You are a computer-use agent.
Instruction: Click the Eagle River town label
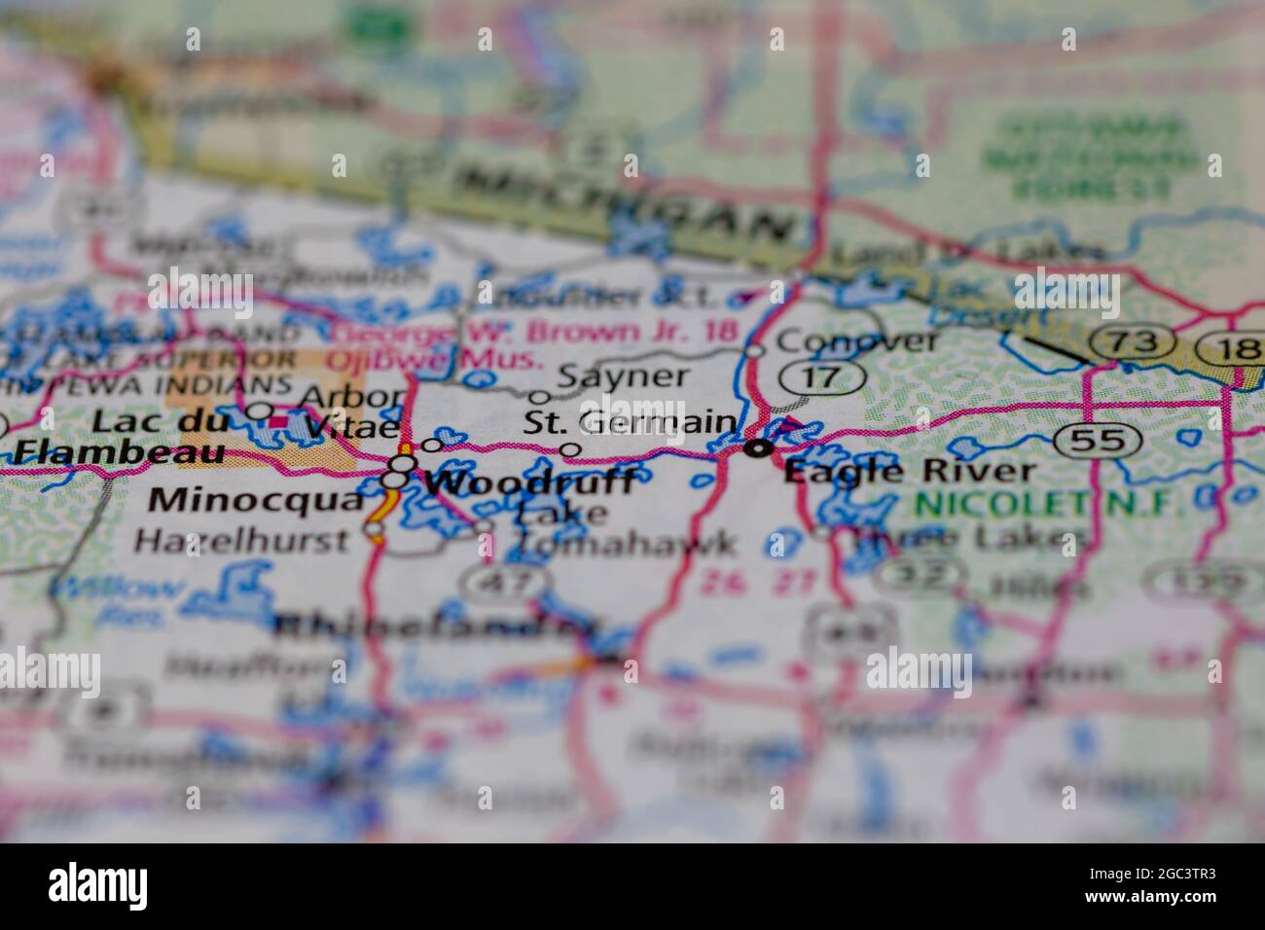click(909, 473)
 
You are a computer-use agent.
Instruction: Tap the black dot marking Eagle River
click(758, 448)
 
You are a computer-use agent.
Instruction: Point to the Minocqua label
click(256, 500)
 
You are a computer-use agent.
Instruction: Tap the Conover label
click(858, 340)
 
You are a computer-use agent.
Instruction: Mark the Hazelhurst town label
click(240, 540)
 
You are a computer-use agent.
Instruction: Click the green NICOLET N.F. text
click(1047, 504)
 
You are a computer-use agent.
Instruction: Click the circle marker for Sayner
click(538, 397)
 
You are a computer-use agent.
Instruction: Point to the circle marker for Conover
click(755, 349)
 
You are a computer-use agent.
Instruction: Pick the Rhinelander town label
click(426, 627)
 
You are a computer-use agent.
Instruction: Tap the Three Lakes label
click(966, 538)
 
